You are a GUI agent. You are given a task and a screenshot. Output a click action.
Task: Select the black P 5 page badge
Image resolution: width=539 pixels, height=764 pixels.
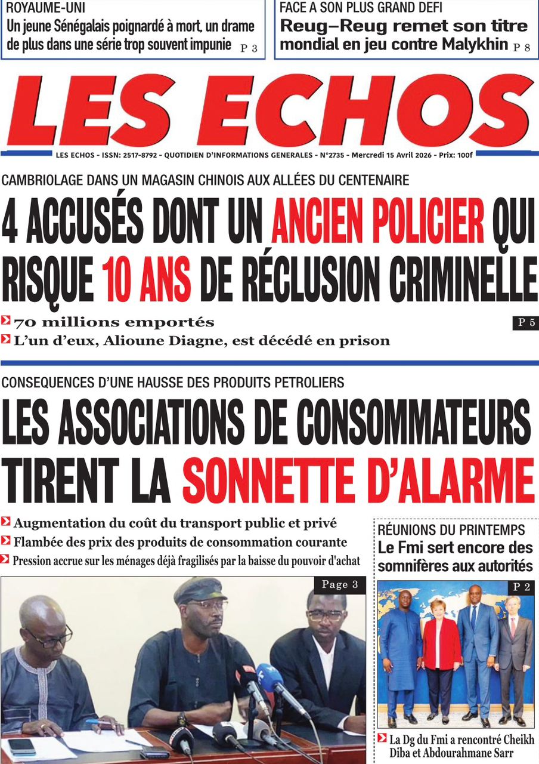[525, 323]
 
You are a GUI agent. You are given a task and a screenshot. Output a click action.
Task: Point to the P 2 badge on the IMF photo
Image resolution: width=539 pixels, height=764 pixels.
[522, 587]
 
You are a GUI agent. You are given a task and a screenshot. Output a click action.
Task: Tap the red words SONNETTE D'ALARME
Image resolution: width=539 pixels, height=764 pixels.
[358, 478]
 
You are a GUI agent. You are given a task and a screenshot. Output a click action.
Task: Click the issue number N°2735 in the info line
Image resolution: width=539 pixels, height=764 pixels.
[334, 155]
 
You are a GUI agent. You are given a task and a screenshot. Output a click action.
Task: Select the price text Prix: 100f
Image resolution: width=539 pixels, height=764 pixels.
[456, 155]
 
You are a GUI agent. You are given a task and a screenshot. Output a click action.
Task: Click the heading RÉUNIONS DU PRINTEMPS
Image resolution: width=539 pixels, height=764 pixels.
[451, 530]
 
